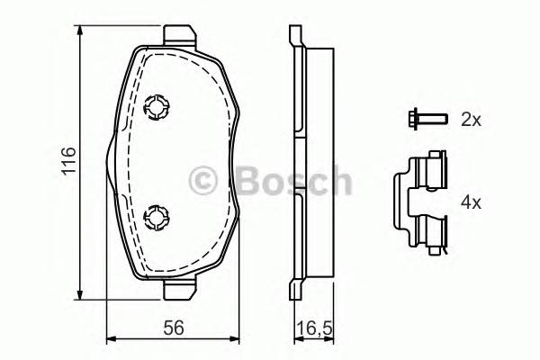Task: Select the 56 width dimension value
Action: coord(173,328)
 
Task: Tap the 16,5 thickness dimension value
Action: coord(311,328)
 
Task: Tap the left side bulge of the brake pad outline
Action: coord(109,162)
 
